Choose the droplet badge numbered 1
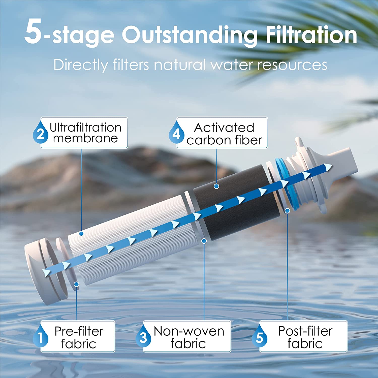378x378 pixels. tap(40, 337)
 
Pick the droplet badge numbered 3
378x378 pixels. tap(143, 337)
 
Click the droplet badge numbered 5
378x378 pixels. tap(259, 337)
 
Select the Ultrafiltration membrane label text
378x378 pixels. tap(85, 133)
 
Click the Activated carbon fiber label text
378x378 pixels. tap(224, 134)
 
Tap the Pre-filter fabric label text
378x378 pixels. tap(79, 337)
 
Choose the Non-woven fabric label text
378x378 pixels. tap(189, 337)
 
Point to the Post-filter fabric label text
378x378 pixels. tap(305, 337)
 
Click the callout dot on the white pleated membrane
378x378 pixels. tap(81, 234)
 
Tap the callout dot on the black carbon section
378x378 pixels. tap(216, 186)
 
